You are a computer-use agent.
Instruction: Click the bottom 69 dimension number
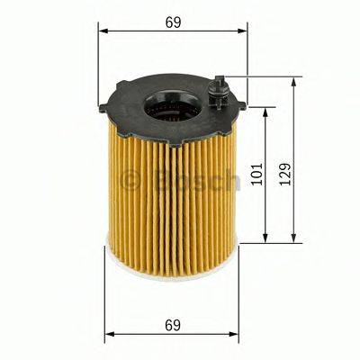tap(172, 322)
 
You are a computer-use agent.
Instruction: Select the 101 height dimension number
tap(256, 175)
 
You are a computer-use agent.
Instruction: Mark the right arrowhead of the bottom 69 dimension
tap(237, 335)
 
